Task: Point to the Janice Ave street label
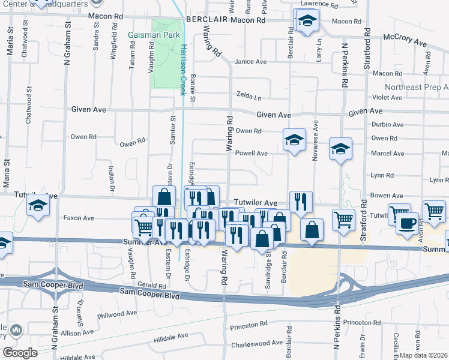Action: click(x=250, y=62)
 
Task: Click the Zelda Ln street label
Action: click(x=249, y=97)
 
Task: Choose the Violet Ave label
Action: click(x=387, y=97)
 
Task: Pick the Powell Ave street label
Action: click(x=251, y=153)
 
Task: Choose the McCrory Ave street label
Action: click(x=406, y=44)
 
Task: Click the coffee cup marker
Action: click(x=408, y=223)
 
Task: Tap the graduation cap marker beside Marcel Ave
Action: click(x=340, y=150)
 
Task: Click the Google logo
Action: click(x=20, y=352)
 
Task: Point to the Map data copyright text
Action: click(x=424, y=355)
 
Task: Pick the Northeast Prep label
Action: click(x=417, y=87)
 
